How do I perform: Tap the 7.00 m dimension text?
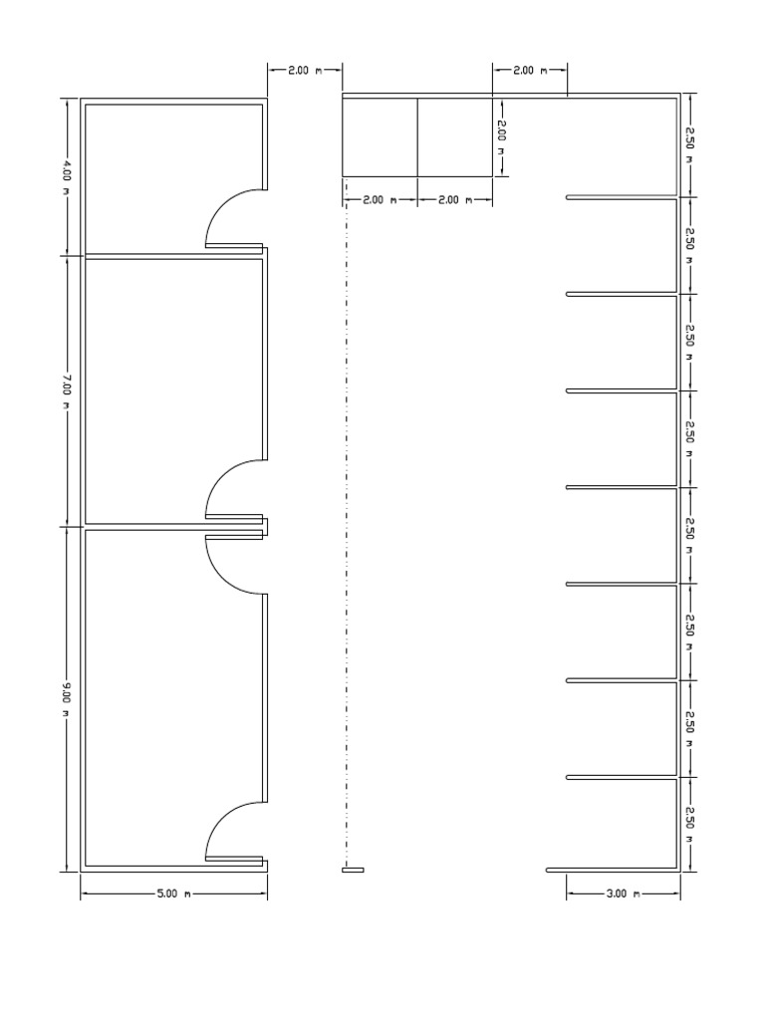[67, 389]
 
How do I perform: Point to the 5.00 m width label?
[172, 893]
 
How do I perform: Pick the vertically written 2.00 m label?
[502, 137]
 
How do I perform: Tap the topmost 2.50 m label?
[688, 145]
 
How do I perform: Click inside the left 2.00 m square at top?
[380, 136]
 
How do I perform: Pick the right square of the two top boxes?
[454, 136]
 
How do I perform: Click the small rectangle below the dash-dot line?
[353, 870]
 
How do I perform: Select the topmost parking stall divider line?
[623, 197]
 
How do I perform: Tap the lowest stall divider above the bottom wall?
[623, 777]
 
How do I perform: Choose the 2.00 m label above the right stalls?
[529, 71]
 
